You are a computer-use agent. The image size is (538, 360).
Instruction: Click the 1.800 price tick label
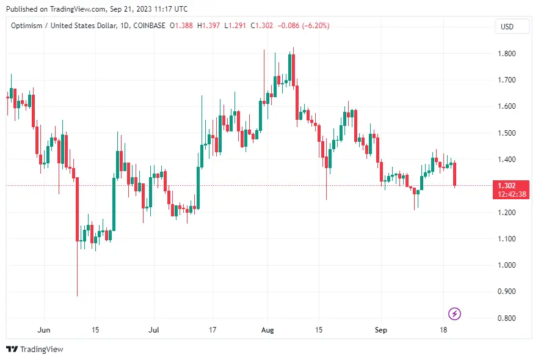[506, 54]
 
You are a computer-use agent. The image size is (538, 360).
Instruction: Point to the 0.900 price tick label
[506, 292]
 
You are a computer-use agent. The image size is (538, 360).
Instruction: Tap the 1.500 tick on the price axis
[506, 133]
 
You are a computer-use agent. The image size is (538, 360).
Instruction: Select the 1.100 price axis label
[506, 239]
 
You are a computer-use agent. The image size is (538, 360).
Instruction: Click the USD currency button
[507, 26]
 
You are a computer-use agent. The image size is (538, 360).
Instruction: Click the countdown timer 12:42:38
[512, 194]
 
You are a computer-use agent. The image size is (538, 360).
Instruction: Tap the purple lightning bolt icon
[455, 314]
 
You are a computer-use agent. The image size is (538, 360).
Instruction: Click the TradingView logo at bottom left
[35, 350]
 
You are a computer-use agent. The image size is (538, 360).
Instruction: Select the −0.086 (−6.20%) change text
[304, 26]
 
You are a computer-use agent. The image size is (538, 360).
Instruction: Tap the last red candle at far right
[455, 174]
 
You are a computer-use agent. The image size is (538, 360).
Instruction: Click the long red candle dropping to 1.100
[78, 208]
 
